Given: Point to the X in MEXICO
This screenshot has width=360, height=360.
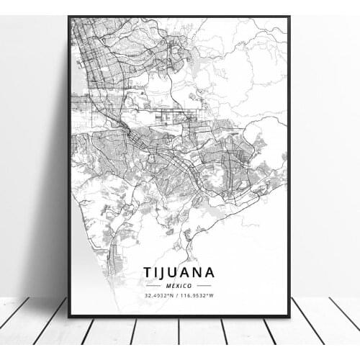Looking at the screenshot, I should [176, 285].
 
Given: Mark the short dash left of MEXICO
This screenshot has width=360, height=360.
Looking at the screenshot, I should [153, 285].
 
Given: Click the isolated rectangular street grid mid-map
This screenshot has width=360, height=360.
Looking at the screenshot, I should [177, 114].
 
